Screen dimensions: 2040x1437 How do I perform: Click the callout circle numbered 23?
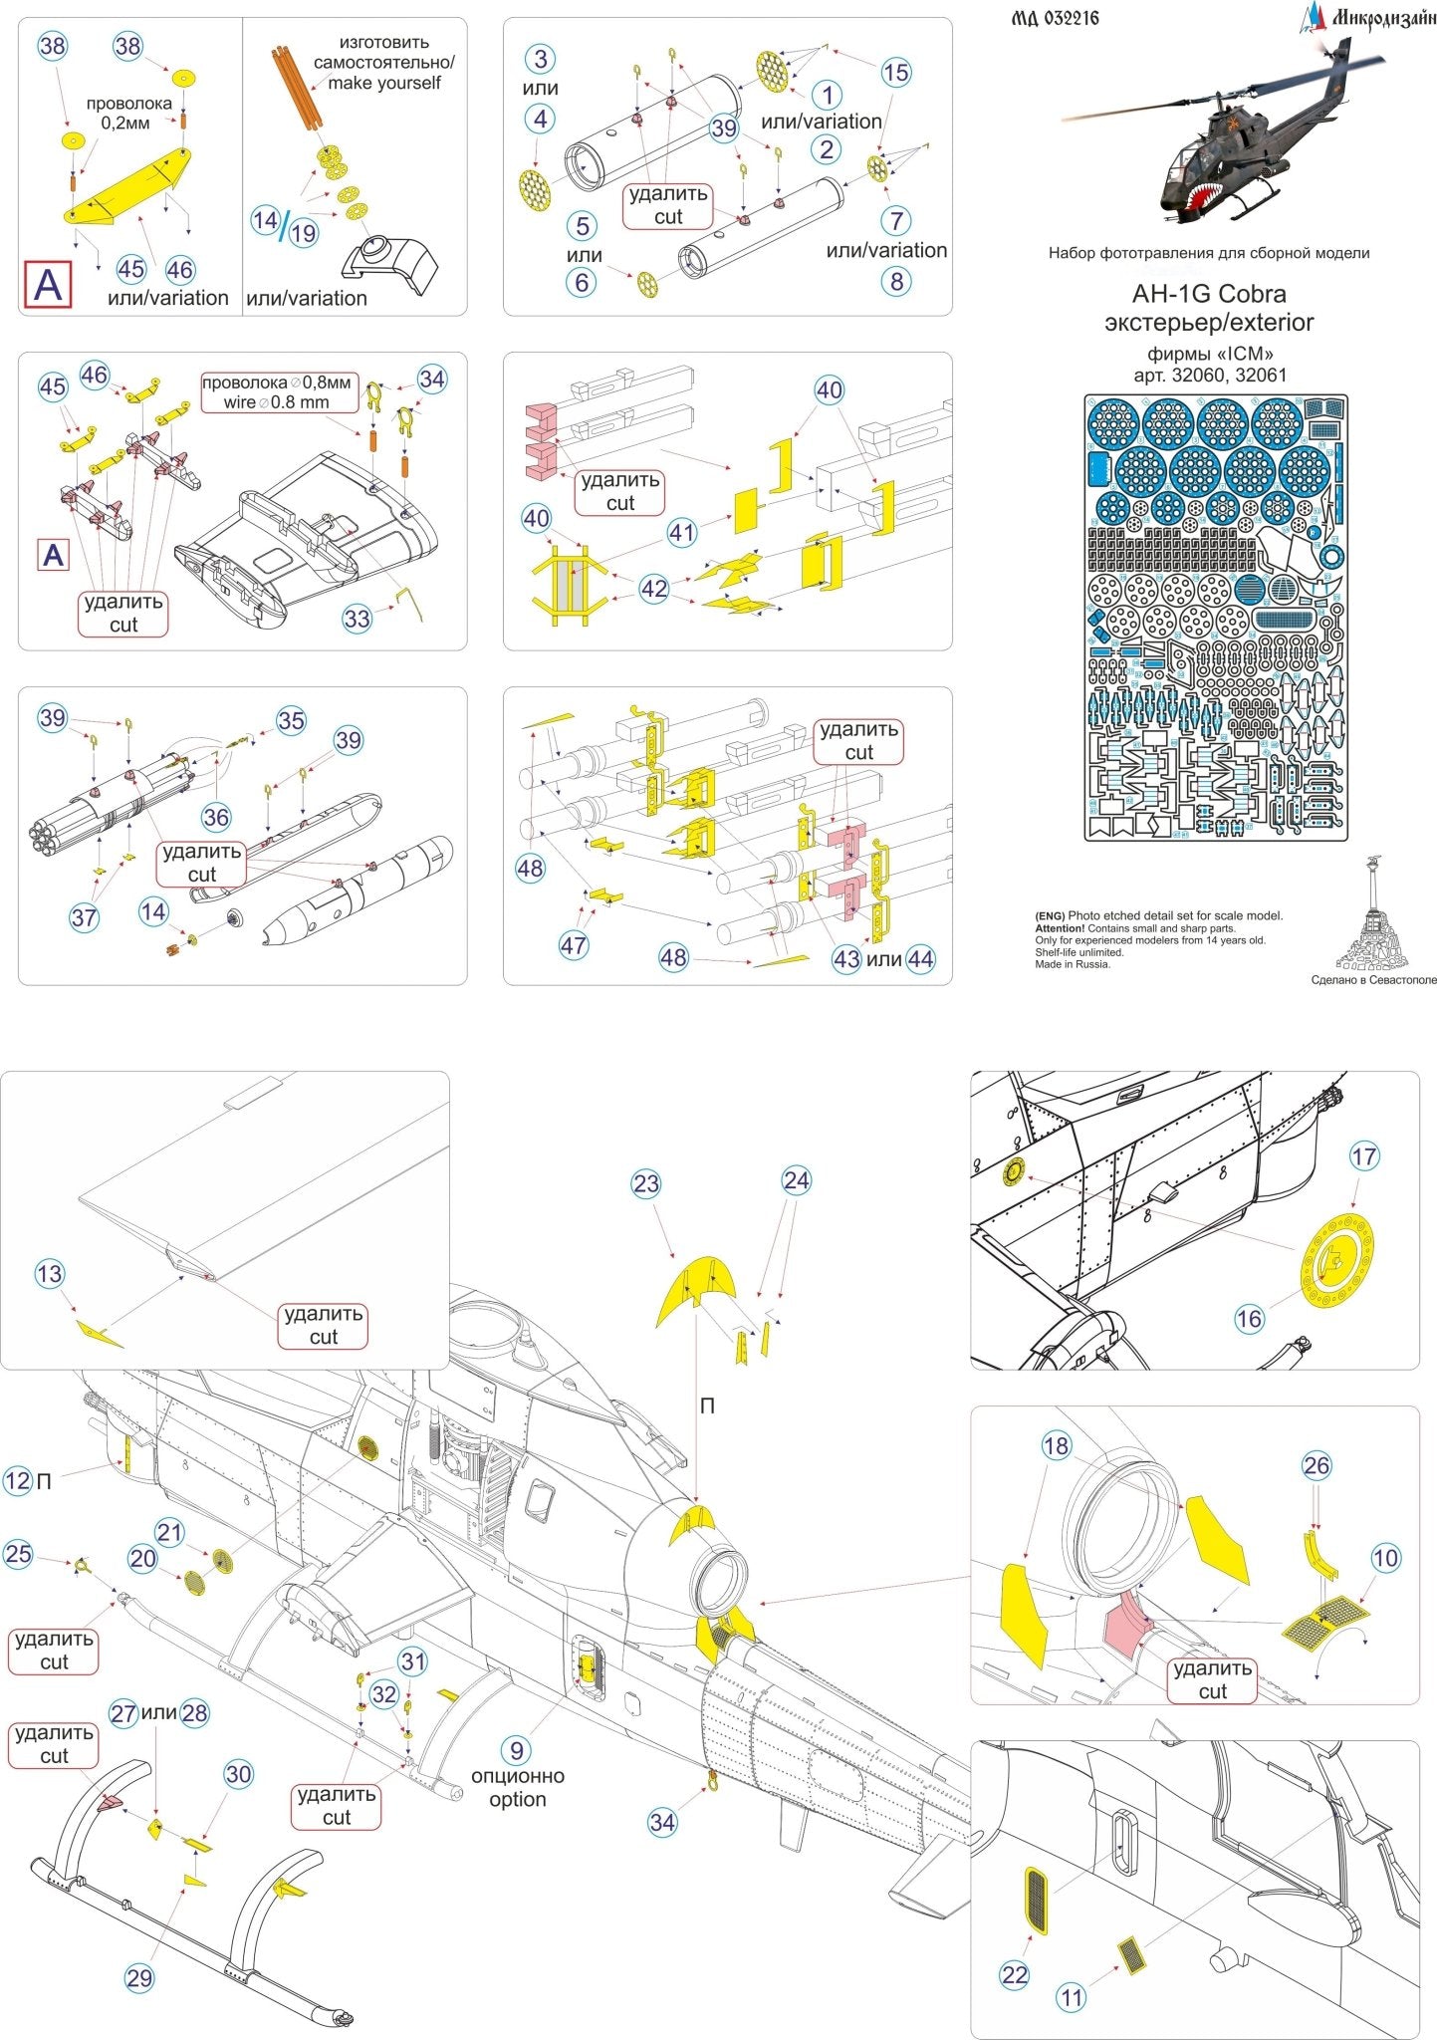[646, 1183]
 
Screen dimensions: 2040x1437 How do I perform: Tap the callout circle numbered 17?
[1363, 1156]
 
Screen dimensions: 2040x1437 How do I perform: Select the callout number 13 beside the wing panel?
[49, 1273]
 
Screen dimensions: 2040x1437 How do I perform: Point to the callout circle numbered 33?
[357, 619]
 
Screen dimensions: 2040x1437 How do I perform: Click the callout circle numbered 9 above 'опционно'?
[516, 1750]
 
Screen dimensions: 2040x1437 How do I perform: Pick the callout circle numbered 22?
[1014, 1974]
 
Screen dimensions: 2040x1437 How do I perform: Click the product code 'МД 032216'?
[1055, 18]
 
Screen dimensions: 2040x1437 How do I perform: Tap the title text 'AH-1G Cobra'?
[1208, 294]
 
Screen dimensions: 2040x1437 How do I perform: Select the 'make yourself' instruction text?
[383, 84]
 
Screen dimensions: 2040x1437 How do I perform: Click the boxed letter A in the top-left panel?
[48, 285]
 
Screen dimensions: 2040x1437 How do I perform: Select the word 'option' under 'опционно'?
[517, 1799]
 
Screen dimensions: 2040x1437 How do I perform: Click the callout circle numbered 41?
[681, 533]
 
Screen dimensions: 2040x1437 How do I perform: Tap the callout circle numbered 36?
[216, 817]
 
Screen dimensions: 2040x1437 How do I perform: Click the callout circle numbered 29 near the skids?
[139, 1977]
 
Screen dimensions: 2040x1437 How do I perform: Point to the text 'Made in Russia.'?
[1073, 964]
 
